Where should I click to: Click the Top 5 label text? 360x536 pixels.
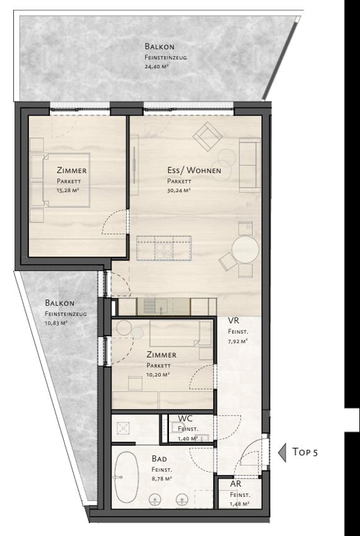coord(305,452)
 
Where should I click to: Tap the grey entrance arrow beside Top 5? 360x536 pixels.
coord(282,453)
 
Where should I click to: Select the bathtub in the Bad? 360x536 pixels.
coord(126,477)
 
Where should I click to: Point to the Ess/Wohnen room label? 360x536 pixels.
coord(194,170)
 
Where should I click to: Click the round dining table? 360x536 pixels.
coord(245,249)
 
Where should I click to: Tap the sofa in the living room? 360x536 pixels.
coord(250,165)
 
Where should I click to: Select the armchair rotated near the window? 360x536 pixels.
coord(207,137)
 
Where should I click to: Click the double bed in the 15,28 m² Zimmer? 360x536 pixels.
coord(60,180)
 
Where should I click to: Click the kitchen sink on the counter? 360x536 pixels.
coord(156,305)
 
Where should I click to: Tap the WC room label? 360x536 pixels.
coord(185,419)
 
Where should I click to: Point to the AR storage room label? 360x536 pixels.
coord(236,484)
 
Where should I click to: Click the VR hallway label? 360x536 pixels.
coord(233,320)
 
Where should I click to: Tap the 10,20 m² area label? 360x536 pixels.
coord(158,375)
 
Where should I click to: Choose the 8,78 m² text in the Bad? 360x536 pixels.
coord(161,479)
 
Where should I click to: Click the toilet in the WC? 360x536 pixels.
coord(177,428)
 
